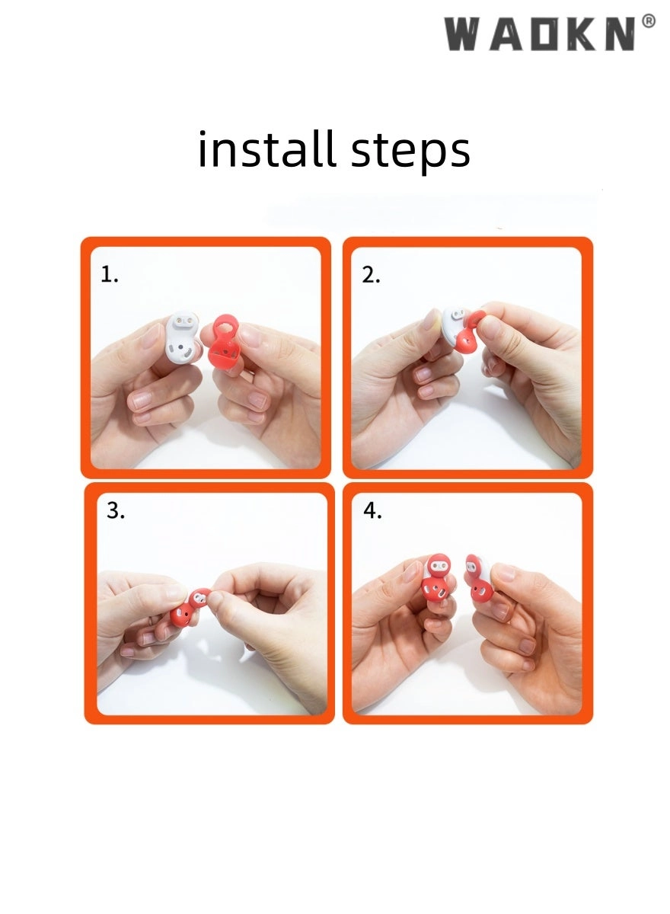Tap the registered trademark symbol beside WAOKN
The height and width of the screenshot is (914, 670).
coord(649,21)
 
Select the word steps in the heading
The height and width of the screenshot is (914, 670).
coord(410,152)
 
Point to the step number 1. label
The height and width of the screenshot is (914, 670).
coord(110,274)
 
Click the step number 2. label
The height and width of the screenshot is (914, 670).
coord(371,276)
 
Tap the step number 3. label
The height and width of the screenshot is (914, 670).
coord(116,510)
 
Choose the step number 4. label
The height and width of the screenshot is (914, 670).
coord(373,510)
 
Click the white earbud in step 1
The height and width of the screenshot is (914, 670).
coord(183,337)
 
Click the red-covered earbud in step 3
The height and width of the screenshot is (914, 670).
coord(190,607)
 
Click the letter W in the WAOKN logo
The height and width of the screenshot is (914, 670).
coord(462,34)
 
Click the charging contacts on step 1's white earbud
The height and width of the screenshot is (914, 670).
coord(184,320)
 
